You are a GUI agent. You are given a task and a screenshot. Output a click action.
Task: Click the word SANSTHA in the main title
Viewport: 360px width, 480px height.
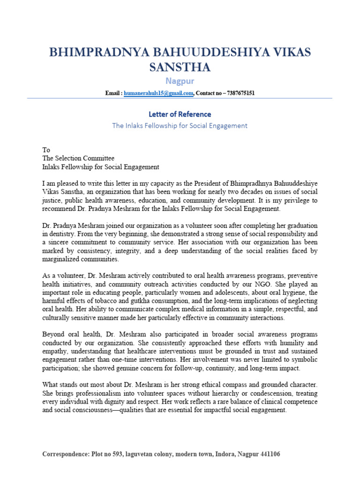click(180, 67)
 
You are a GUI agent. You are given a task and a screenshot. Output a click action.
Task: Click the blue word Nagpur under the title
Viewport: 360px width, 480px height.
click(180, 82)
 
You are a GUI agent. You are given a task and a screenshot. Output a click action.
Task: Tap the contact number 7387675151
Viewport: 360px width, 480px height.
click(240, 93)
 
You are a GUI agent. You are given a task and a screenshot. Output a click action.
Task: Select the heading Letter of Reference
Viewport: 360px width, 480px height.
click(180, 114)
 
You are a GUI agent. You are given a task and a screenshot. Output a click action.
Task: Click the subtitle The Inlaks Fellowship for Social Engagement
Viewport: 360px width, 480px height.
click(180, 126)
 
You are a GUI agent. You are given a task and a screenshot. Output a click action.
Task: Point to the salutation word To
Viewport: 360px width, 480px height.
click(46, 150)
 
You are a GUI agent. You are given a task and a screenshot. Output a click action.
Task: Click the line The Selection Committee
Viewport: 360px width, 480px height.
click(78, 158)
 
